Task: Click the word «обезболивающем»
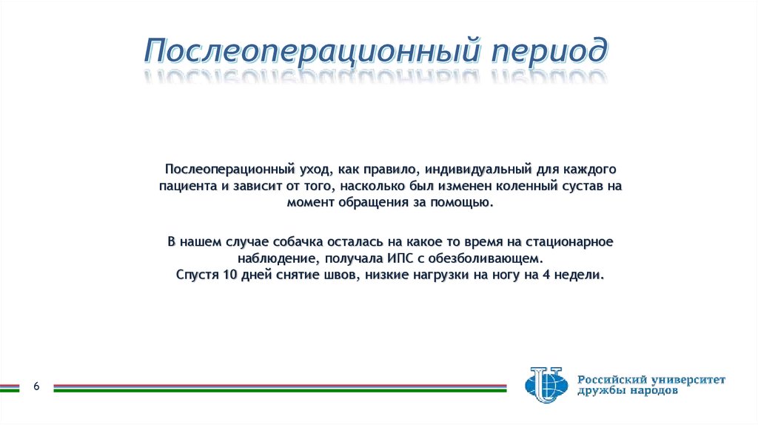pyautogui.click(x=494, y=259)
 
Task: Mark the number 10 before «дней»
pyautogui.click(x=229, y=275)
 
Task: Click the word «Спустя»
pyautogui.click(x=196, y=275)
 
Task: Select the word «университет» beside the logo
pyautogui.click(x=688, y=380)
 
